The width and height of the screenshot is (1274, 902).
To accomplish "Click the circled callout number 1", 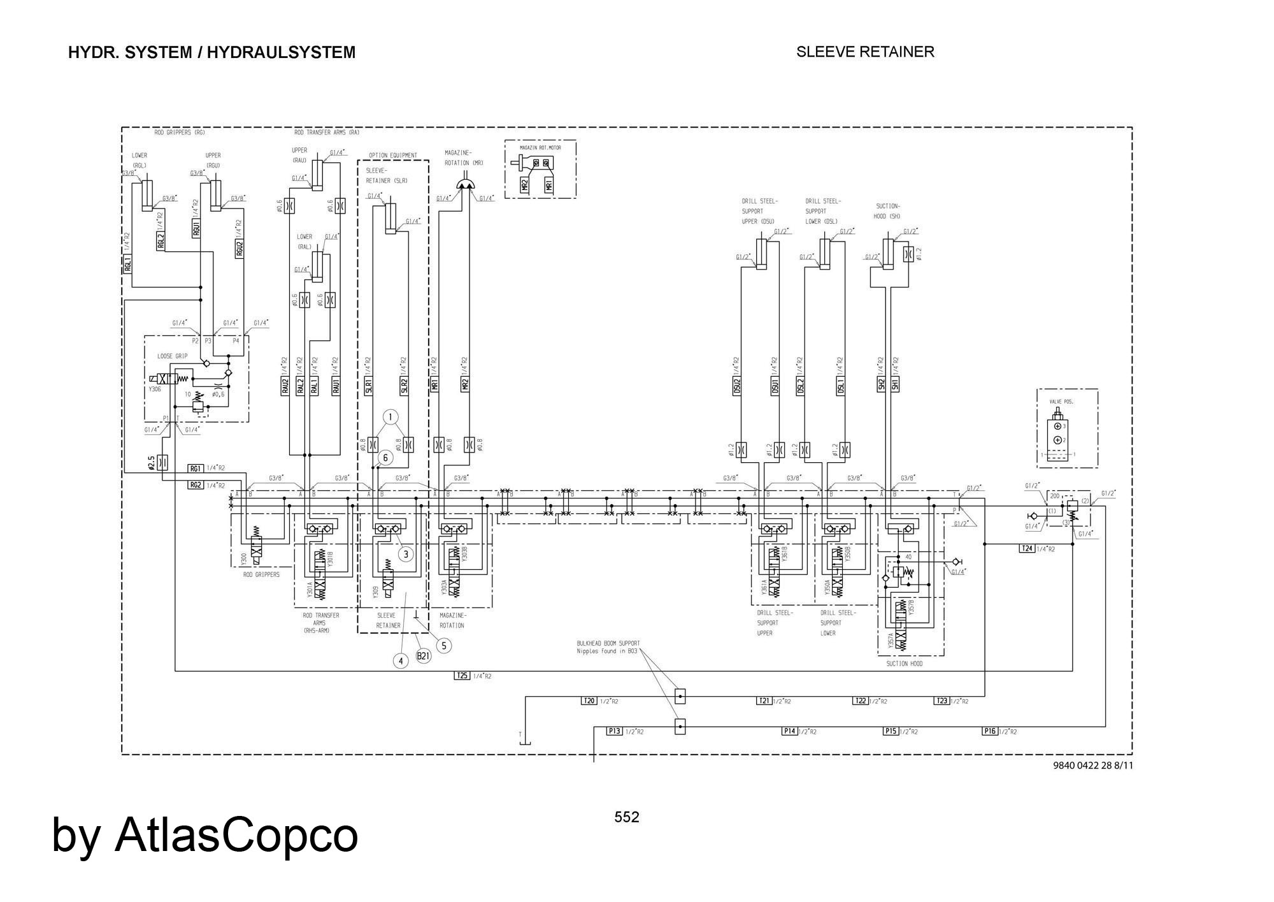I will point(390,418).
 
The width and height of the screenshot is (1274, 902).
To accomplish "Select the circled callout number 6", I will point(385,457).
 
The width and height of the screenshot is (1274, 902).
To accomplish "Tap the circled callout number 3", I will point(406,554).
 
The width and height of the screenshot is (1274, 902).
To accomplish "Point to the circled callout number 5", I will point(444,646).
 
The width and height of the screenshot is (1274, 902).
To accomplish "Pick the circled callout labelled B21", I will point(424,655).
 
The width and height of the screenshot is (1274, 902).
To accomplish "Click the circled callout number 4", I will point(401,661).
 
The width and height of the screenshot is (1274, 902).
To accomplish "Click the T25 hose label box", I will point(462,676).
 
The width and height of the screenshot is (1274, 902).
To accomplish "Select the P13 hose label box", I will point(614,731).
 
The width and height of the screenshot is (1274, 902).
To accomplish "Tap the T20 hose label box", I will point(589,701).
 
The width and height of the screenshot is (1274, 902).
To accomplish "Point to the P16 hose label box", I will point(989,731).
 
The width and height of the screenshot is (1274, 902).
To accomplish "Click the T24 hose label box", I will point(1026,548).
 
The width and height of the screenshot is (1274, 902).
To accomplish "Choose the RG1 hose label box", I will point(196,469).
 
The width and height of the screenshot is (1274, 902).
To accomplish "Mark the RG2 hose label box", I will point(196,485).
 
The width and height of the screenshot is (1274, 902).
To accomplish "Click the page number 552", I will point(627,817).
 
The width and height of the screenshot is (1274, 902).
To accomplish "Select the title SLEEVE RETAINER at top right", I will point(865,52).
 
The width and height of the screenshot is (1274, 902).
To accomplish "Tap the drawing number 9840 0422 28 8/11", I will point(1093,765).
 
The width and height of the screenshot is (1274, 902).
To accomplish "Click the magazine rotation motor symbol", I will point(468,184).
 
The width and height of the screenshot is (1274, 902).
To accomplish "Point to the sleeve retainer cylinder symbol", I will point(390,218).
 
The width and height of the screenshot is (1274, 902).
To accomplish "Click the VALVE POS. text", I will point(1061,402).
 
